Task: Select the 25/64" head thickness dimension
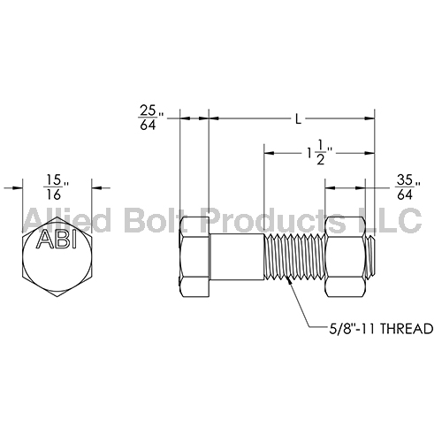tap(149, 117)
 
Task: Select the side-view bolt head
tap(194, 256)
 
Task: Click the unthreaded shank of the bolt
tap(237, 256)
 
